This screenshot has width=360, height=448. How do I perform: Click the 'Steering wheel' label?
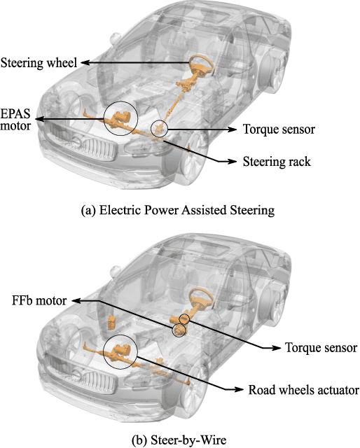point(39,63)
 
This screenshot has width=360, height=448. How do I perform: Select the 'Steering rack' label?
point(275,162)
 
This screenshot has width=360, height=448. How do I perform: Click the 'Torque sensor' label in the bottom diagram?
point(321,348)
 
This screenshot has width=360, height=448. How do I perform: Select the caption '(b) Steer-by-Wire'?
point(179,440)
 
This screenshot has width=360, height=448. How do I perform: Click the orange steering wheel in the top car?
point(198,66)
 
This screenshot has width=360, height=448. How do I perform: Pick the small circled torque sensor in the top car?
point(161,129)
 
